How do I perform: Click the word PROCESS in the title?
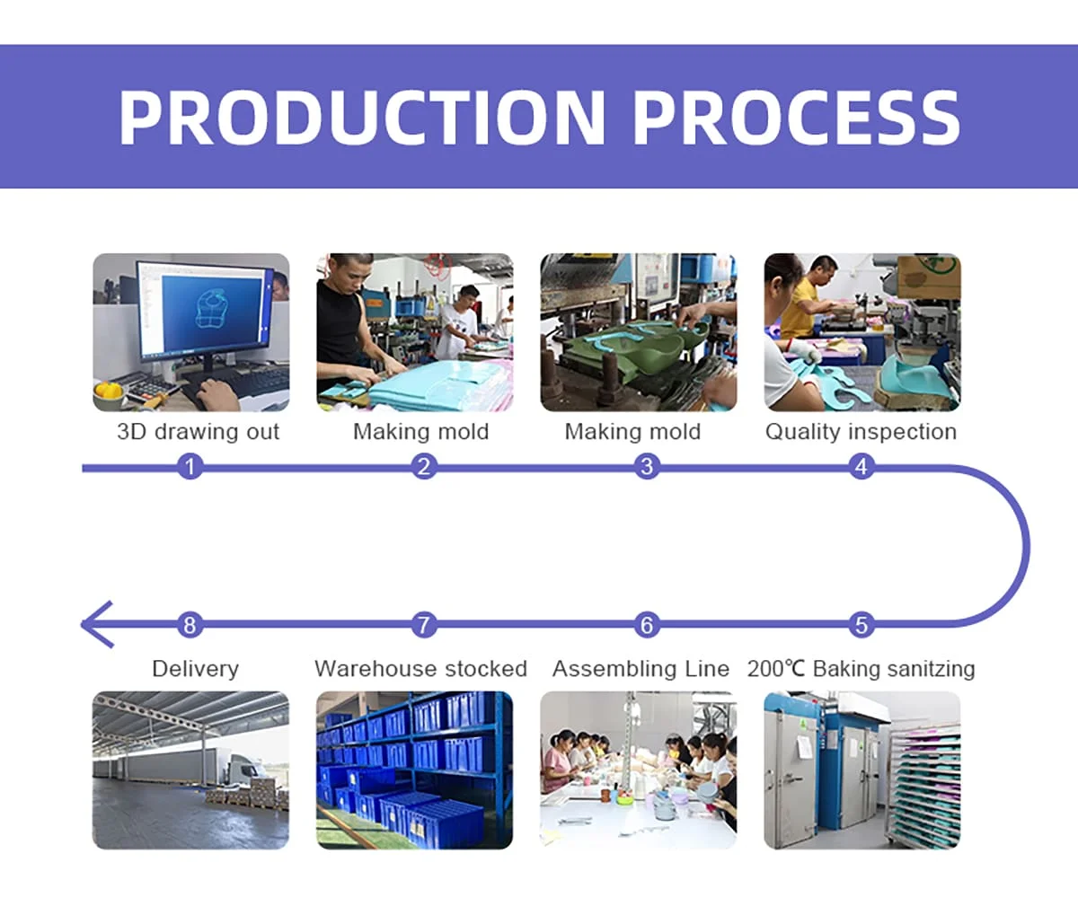click(x=797, y=117)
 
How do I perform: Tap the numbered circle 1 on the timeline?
click(x=190, y=467)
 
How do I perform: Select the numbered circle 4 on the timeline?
click(x=861, y=467)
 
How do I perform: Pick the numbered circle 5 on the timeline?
click(x=861, y=625)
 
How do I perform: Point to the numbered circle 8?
click(x=190, y=625)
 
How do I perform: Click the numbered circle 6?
click(x=646, y=625)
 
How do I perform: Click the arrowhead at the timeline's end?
click(x=95, y=624)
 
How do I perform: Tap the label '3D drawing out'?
click(x=198, y=432)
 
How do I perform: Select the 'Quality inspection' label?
click(x=861, y=432)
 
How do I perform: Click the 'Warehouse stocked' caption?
click(x=420, y=669)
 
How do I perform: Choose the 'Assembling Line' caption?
click(x=641, y=669)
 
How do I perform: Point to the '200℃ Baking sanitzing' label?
click(x=861, y=669)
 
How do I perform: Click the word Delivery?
click(x=195, y=669)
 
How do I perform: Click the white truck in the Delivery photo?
click(x=243, y=768)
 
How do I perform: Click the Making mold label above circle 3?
click(x=632, y=432)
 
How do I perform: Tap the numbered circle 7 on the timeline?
click(x=424, y=625)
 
